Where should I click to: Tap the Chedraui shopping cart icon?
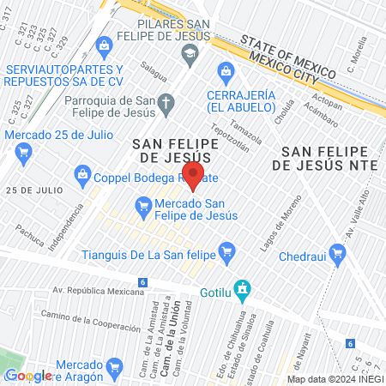click(x=338, y=253)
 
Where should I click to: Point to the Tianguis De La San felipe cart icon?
click(x=226, y=252)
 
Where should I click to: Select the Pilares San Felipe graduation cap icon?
click(x=188, y=54)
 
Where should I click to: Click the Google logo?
click(x=28, y=375)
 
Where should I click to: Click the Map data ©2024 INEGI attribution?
click(x=334, y=378)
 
